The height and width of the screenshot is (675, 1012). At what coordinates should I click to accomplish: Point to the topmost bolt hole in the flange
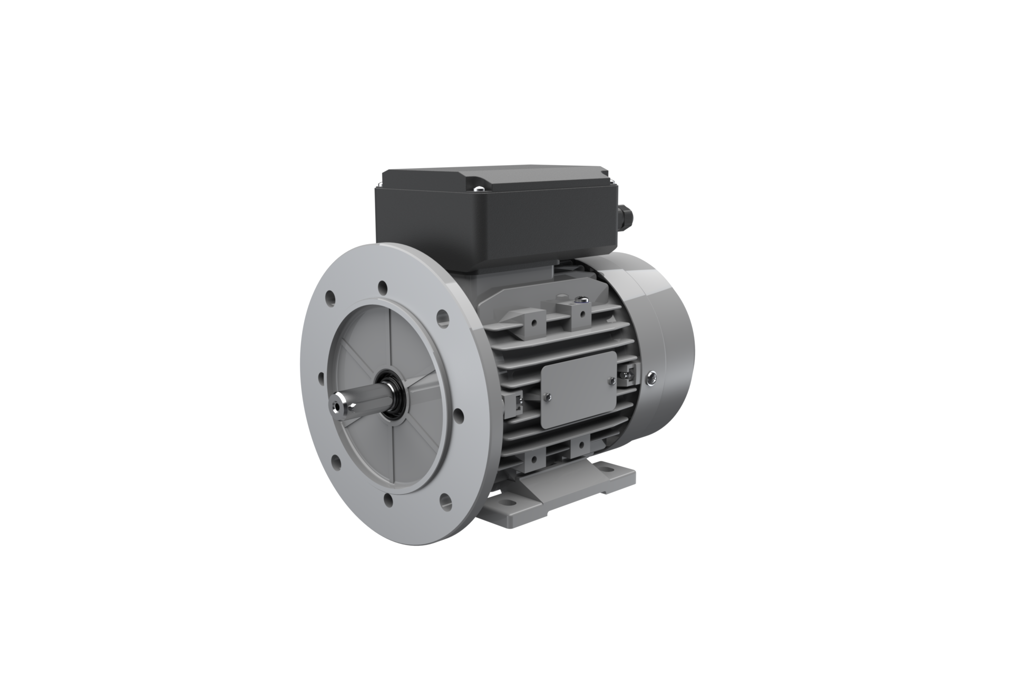click(382, 287)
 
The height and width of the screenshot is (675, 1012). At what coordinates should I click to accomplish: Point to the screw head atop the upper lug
click(582, 300)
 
